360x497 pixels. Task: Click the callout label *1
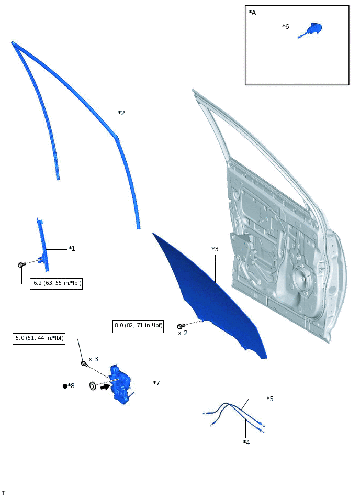click(x=72, y=249)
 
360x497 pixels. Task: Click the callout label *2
click(x=121, y=113)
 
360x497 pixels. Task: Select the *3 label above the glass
click(x=215, y=249)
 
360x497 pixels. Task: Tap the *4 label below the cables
click(x=246, y=442)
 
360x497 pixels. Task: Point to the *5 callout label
click(x=270, y=399)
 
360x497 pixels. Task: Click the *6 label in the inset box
click(x=286, y=27)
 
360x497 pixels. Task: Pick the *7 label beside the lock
click(x=156, y=383)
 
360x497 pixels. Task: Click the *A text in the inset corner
click(x=252, y=13)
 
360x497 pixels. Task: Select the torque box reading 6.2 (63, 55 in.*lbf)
click(x=56, y=283)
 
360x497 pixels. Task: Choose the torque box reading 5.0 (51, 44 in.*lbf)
click(x=39, y=338)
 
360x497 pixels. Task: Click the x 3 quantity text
click(x=93, y=359)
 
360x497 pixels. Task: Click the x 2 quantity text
click(x=183, y=333)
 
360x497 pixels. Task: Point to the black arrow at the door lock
click(x=105, y=388)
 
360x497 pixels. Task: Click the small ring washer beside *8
click(x=92, y=386)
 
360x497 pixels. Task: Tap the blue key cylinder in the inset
click(x=315, y=28)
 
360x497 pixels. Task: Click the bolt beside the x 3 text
click(x=83, y=363)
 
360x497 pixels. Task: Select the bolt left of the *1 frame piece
click(x=21, y=265)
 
